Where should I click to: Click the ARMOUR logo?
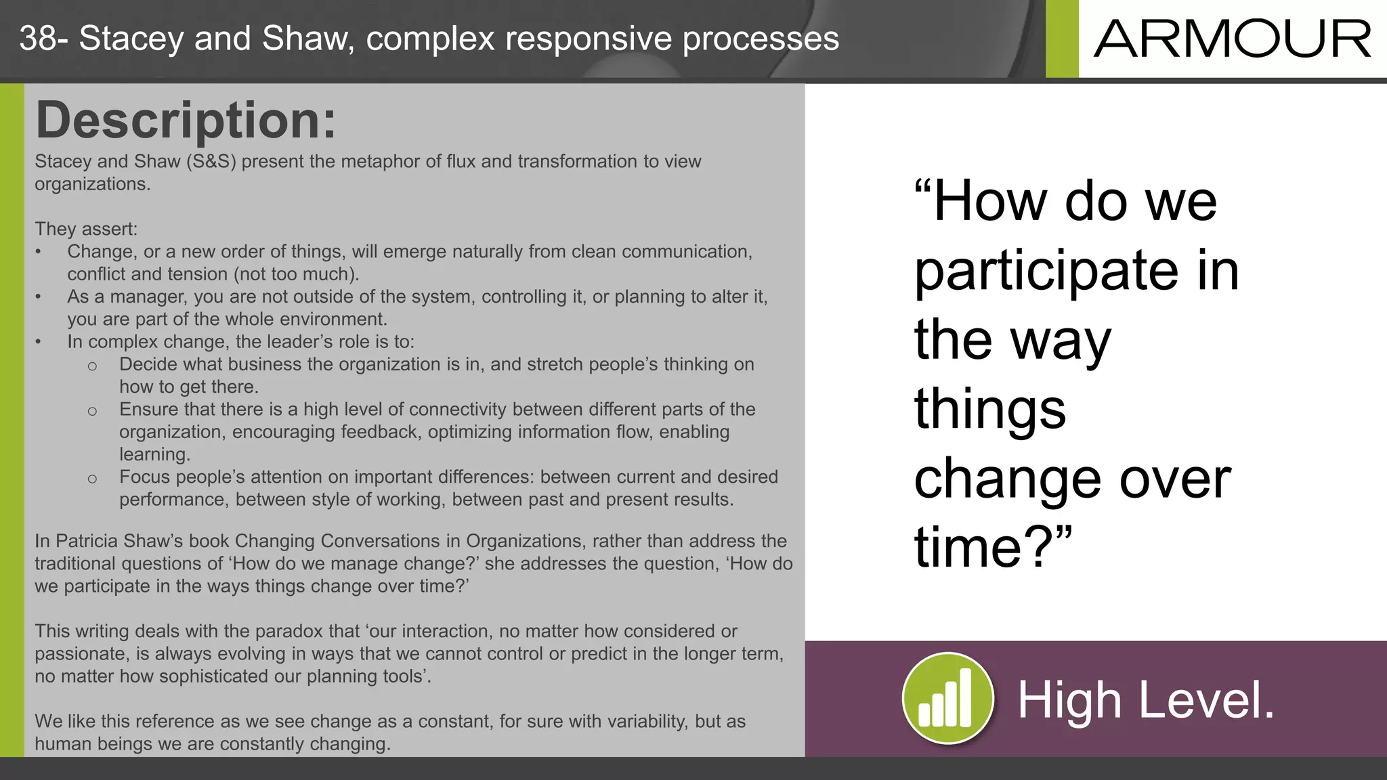[x=1232, y=39]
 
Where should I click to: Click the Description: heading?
[x=186, y=120]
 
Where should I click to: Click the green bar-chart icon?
[x=947, y=698]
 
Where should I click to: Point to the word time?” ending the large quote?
[x=993, y=546]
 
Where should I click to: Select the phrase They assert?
[x=86, y=229]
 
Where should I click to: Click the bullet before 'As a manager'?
[x=39, y=297]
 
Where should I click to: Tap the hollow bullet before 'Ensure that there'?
[x=92, y=410]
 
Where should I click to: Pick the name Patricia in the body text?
[x=87, y=541]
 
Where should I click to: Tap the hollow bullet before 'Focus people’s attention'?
[x=92, y=478]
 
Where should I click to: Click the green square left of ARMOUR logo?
[x=1061, y=39]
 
